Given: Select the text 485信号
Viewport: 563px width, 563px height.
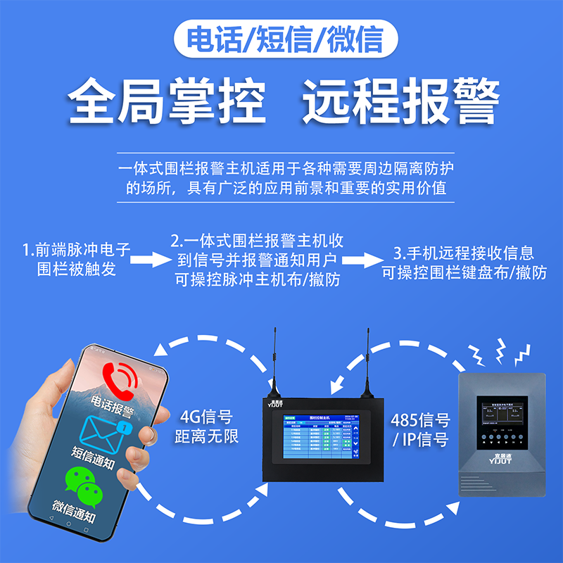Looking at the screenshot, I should click(420, 421).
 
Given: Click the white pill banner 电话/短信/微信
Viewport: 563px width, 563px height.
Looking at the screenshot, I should click(281, 39).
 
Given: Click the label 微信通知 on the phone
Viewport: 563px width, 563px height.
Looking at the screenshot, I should click(75, 506).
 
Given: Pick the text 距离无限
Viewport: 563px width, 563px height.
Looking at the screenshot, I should click(207, 436).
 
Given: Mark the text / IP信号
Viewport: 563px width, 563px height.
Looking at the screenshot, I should click(420, 441).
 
